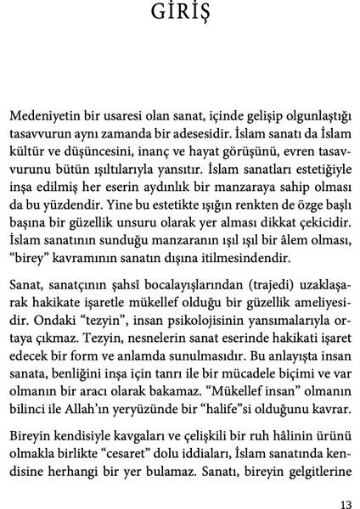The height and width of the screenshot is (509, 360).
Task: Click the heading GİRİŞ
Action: pos(180,17)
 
